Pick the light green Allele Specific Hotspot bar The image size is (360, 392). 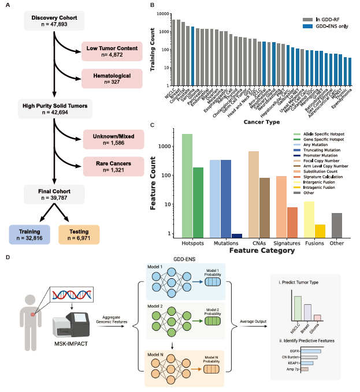click(x=187, y=185)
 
